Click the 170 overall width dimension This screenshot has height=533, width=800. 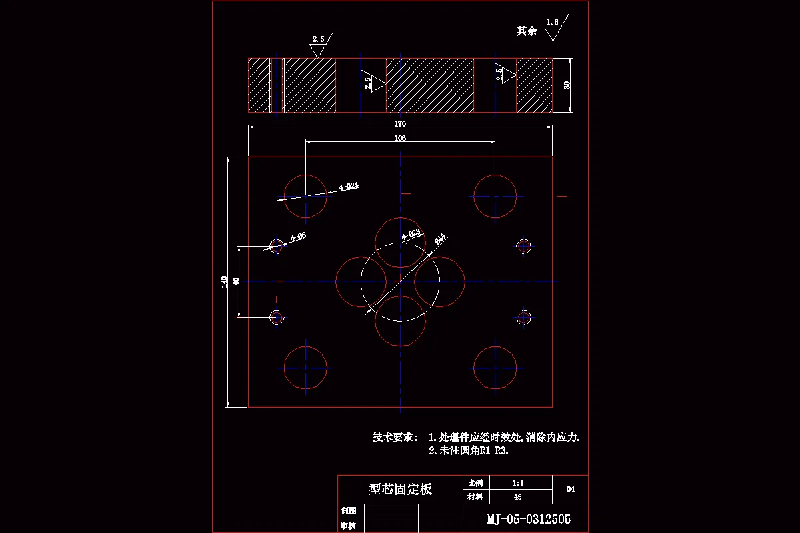click(x=400, y=123)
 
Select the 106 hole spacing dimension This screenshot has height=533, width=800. click(x=400, y=138)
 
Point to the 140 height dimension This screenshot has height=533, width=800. click(x=225, y=282)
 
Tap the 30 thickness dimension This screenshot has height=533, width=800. click(x=567, y=85)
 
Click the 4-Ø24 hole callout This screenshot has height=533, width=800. click(x=349, y=187)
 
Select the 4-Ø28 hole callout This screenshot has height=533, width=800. click(x=411, y=234)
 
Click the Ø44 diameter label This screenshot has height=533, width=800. click(x=440, y=239)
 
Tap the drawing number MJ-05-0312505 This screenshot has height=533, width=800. click(x=528, y=519)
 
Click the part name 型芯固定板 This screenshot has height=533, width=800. click(x=401, y=490)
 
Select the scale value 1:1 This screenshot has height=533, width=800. click(x=517, y=482)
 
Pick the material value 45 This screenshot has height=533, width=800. click(x=517, y=496)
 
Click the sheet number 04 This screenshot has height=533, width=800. click(x=570, y=489)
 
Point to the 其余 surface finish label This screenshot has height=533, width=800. click(x=527, y=31)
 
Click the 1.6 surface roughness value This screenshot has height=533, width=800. click(x=552, y=22)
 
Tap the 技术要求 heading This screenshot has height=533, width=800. click(x=395, y=438)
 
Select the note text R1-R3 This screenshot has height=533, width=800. click(x=493, y=451)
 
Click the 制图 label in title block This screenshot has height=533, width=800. click(x=348, y=510)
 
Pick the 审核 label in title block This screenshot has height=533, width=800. click(x=348, y=526)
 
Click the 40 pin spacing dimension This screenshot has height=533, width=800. click(x=235, y=282)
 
